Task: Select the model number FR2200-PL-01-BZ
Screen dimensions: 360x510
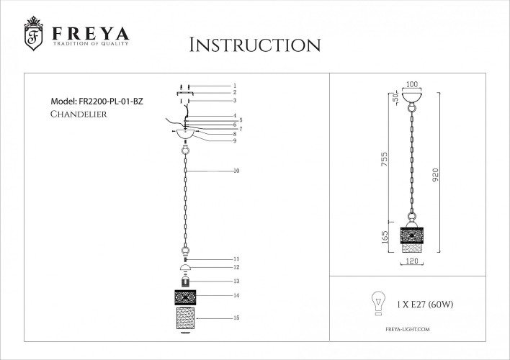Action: [x=97, y=102]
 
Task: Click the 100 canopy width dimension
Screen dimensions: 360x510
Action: [x=412, y=85]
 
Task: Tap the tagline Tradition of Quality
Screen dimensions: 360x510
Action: [x=89, y=45]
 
